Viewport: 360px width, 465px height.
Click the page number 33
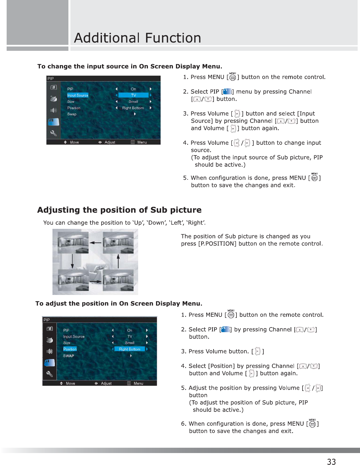click(x=331, y=461)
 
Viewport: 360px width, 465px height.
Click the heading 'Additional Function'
click(x=137, y=38)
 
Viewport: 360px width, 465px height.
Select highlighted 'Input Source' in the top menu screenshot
click(x=78, y=95)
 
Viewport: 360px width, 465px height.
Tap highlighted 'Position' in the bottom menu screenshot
click(x=70, y=349)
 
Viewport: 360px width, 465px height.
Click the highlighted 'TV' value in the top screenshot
click(x=134, y=95)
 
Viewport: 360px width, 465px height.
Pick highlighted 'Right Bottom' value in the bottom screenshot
click(x=130, y=349)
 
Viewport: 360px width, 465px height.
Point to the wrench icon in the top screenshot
click(x=53, y=133)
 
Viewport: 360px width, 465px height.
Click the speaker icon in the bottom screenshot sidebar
click(x=49, y=351)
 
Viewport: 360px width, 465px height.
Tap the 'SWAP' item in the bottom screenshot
click(x=68, y=356)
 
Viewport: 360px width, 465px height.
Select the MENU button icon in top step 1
click(x=232, y=77)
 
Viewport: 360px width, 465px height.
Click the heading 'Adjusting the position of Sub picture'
click(x=119, y=210)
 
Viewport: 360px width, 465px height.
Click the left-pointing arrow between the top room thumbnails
click(x=96, y=243)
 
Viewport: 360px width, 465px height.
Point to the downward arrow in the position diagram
click(x=72, y=261)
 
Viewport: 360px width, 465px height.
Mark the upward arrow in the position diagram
click(x=118, y=261)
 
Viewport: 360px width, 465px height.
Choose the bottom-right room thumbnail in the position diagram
click(x=118, y=280)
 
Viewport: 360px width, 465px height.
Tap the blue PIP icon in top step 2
click(x=227, y=92)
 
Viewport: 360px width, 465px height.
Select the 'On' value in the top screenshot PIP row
click(x=133, y=89)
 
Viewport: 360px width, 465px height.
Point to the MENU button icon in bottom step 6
click(x=312, y=424)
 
